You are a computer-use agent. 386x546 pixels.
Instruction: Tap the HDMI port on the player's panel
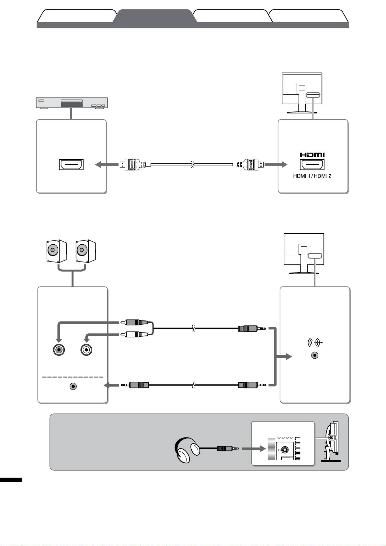pyautogui.click(x=71, y=165)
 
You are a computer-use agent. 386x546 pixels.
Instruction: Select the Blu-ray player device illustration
pyautogui.click(x=72, y=103)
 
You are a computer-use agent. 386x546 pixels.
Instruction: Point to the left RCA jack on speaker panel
pyautogui.click(x=59, y=350)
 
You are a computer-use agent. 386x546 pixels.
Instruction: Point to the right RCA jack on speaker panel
pyautogui.click(x=86, y=350)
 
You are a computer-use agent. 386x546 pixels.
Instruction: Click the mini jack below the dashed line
pyautogui.click(x=74, y=386)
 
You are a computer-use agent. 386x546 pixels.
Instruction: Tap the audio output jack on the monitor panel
pyautogui.click(x=314, y=355)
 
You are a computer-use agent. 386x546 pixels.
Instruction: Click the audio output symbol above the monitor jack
pyautogui.click(x=314, y=343)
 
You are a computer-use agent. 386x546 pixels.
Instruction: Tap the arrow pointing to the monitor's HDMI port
pyautogui.click(x=276, y=165)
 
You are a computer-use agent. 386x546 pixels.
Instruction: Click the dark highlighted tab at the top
pyautogui.click(x=155, y=16)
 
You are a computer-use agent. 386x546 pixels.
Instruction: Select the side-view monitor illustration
pyautogui.click(x=330, y=441)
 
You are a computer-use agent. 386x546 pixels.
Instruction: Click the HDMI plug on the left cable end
pyautogui.click(x=131, y=165)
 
